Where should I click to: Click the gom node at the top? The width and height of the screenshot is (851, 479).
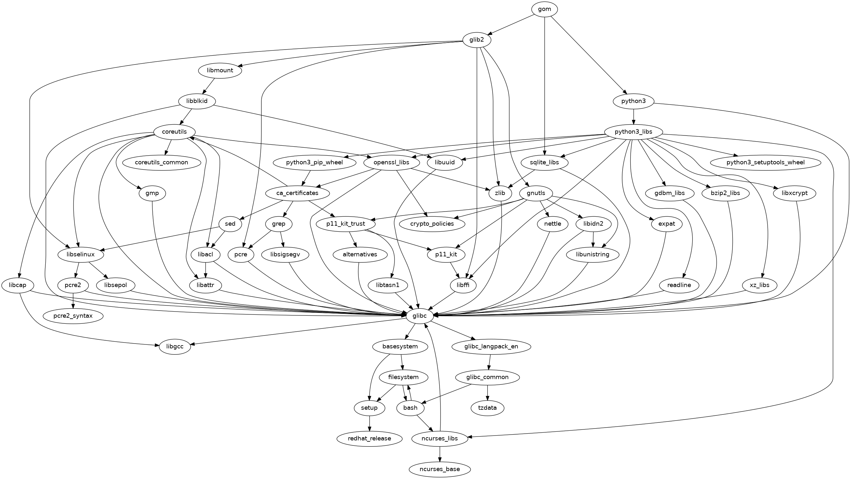[x=544, y=9]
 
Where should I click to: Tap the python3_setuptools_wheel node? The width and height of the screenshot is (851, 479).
[x=765, y=162]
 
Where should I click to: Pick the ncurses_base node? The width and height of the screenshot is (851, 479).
[x=439, y=469]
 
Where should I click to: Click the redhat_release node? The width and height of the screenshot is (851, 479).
[x=369, y=439]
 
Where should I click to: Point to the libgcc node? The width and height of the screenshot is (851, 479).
[x=175, y=347]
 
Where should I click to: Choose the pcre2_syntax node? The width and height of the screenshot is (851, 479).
[x=73, y=316]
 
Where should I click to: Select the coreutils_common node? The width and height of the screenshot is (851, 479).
[x=162, y=162]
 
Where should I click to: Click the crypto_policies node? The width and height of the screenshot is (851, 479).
[x=432, y=224]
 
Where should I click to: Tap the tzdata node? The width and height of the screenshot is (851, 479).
[x=487, y=408]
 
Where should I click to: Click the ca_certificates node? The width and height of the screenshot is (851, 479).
[x=297, y=193]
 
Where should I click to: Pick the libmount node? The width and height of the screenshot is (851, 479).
[x=220, y=70]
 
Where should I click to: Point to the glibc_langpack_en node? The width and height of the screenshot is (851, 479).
[x=491, y=347]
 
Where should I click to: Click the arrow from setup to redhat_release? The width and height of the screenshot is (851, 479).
[x=369, y=423]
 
